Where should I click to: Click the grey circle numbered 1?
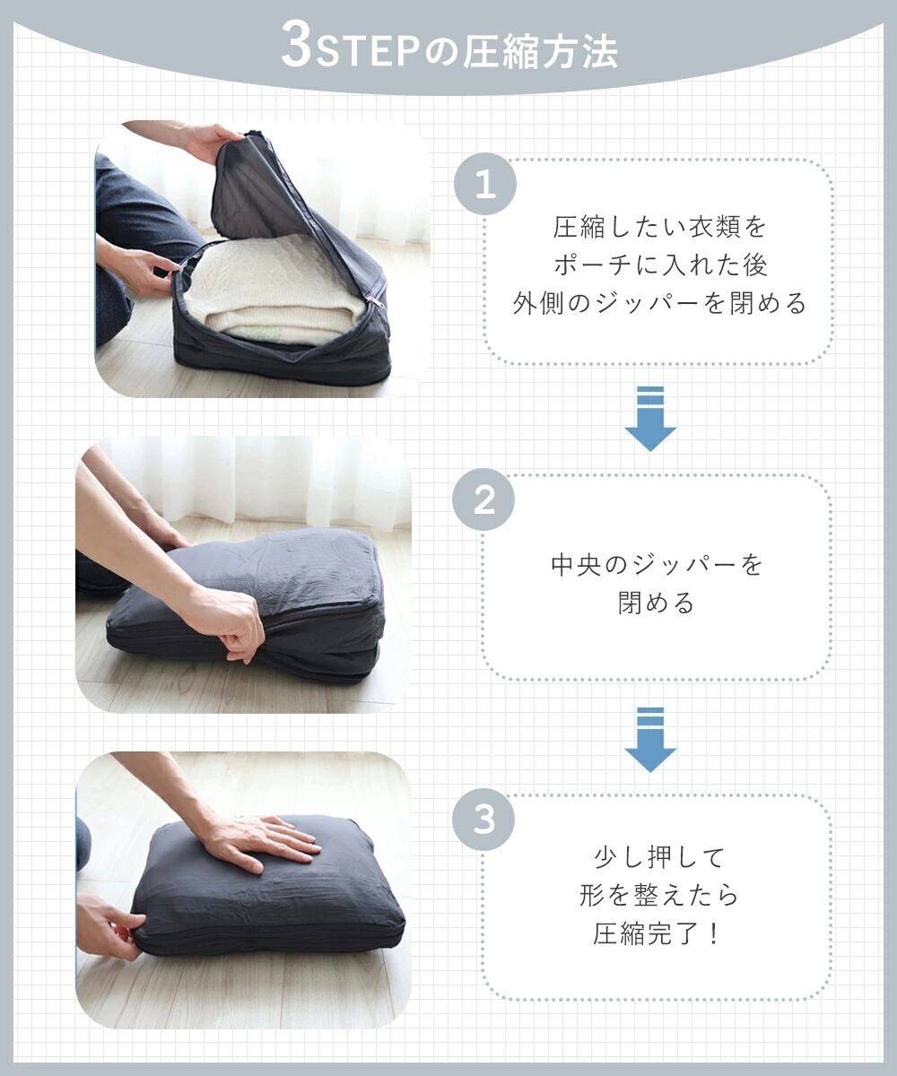tap(484, 184)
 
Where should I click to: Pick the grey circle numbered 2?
tap(483, 499)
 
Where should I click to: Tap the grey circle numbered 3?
tap(483, 819)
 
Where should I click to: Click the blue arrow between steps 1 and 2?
tap(650, 419)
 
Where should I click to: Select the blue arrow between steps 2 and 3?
tap(650, 740)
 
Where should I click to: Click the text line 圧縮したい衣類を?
tap(659, 228)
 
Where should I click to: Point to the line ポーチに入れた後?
tap(660, 266)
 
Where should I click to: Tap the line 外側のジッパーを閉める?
tap(659, 304)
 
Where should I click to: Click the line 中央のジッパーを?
tap(657, 565)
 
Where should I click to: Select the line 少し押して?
tap(659, 857)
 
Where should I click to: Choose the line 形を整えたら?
tap(659, 895)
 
